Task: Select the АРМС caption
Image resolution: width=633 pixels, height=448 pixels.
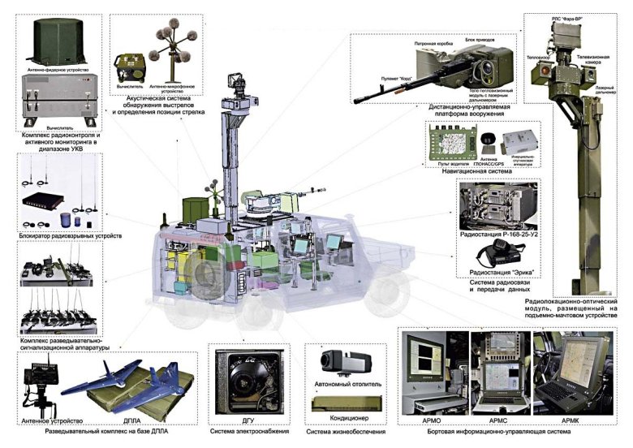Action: click(499, 421)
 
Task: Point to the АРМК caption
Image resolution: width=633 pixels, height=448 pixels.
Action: click(574, 421)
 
